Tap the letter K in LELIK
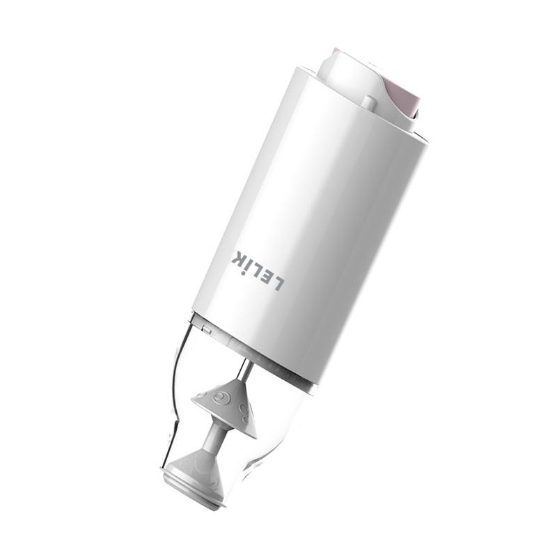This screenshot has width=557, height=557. click(x=240, y=258)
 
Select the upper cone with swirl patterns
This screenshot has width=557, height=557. click(x=226, y=405)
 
